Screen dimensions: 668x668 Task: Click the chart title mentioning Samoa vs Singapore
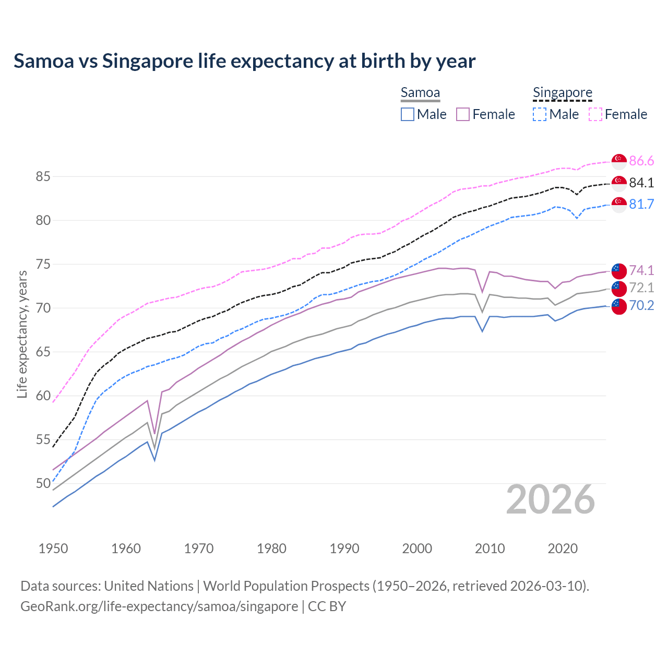[x=244, y=61]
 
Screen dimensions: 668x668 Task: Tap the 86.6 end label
[x=641, y=161]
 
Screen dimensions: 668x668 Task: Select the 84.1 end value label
[x=641, y=183]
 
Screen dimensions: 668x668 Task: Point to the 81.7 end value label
[x=641, y=204]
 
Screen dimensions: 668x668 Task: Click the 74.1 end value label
[x=641, y=270]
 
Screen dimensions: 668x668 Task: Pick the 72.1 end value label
[x=641, y=288]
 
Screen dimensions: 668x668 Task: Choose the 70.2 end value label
[x=641, y=305]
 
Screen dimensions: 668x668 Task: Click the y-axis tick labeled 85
[x=43, y=177]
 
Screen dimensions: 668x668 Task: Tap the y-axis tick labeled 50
[x=43, y=484]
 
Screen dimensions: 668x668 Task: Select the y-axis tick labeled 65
[x=43, y=352]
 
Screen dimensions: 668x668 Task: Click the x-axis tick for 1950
[x=53, y=548]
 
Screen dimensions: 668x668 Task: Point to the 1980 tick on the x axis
[x=271, y=548]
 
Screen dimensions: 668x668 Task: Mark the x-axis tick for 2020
[x=563, y=548]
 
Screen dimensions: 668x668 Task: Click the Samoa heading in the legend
[x=420, y=93]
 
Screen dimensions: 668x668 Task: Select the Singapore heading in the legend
[x=563, y=93]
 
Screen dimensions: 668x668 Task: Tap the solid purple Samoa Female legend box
[x=463, y=114]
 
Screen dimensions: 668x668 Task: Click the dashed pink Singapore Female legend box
[x=595, y=114]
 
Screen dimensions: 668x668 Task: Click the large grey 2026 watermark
[x=551, y=499]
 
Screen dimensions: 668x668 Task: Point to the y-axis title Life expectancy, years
[x=22, y=334]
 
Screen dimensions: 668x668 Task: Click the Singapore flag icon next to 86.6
[x=619, y=161]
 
